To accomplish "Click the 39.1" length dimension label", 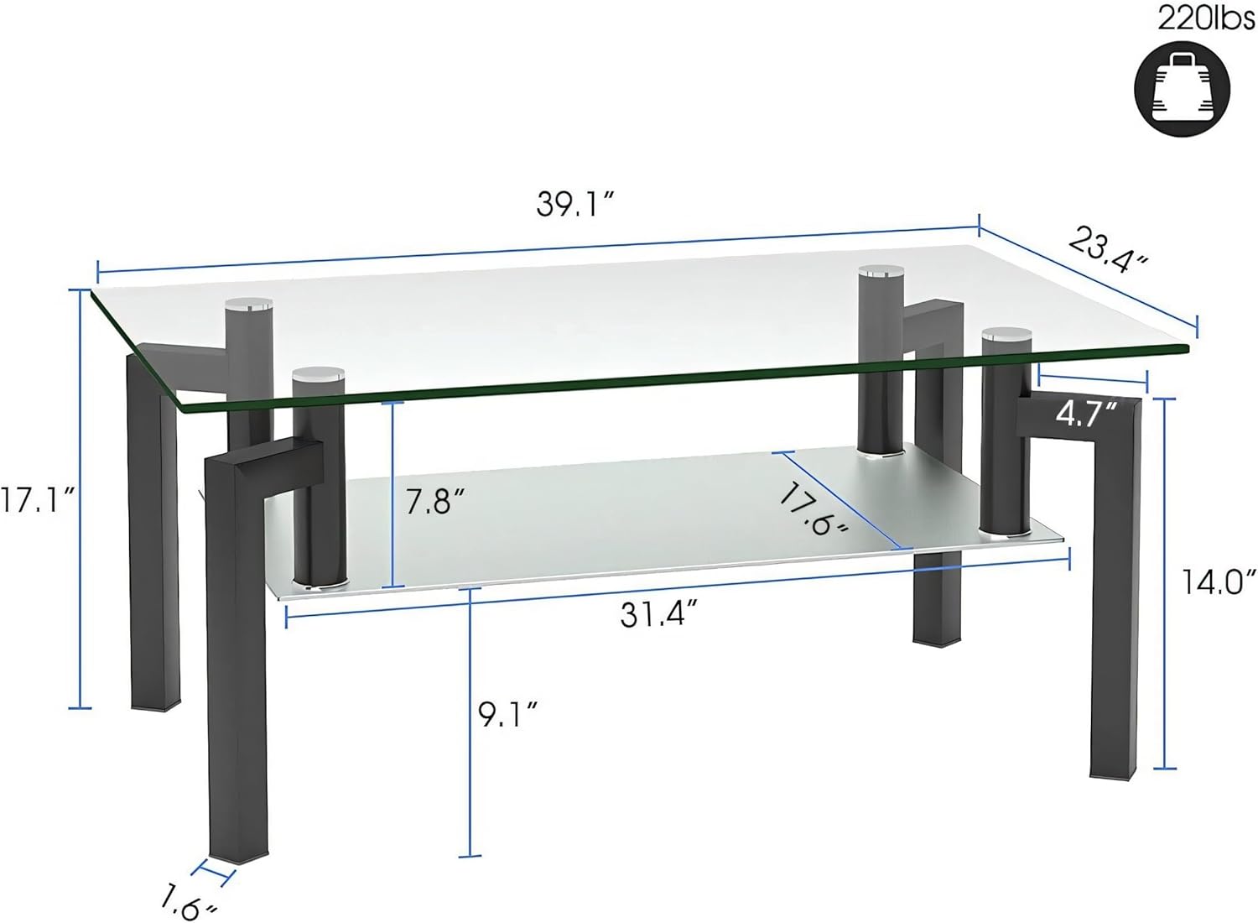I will [x=576, y=204].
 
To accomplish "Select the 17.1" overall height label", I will [x=38, y=501].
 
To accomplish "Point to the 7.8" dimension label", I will [x=434, y=501].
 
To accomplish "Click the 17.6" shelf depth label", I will [x=813, y=508].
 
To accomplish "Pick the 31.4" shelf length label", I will [x=659, y=614].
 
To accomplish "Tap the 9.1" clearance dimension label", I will [x=507, y=714].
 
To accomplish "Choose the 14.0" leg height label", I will [x=1219, y=581].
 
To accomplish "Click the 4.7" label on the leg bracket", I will [x=1086, y=413].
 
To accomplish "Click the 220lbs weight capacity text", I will [x=1206, y=18].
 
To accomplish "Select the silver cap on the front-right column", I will [x=1007, y=334].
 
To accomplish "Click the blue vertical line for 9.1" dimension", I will [x=470, y=722].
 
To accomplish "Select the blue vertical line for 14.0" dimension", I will [x=1164, y=583].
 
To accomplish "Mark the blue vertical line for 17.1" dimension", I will [x=81, y=499].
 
